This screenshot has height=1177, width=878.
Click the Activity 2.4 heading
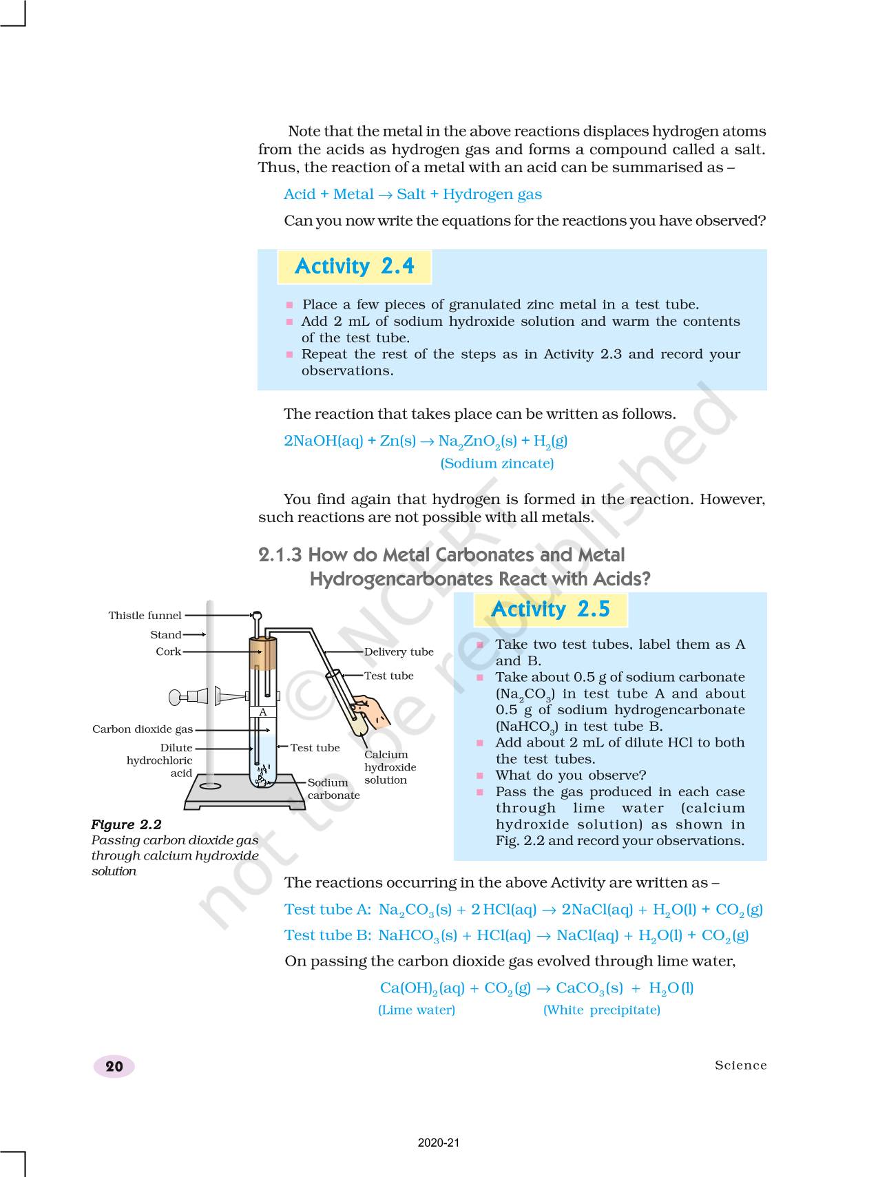click(354, 267)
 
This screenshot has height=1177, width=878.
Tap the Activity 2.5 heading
click(550, 610)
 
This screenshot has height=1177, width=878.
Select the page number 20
click(114, 1066)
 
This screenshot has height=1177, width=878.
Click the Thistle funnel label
click(145, 616)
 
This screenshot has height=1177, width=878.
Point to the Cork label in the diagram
click(168, 652)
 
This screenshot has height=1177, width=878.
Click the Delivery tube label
click(399, 652)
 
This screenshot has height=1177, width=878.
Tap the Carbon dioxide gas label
click(143, 729)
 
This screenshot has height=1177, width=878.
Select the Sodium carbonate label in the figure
click(333, 789)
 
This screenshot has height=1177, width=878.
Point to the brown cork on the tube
click(262, 654)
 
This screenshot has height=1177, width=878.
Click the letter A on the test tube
click(262, 712)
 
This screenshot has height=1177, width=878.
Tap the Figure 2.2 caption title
click(126, 825)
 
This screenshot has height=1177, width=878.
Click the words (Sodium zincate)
click(497, 463)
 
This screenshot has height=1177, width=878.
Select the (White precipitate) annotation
click(601, 1010)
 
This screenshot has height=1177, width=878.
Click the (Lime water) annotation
click(417, 1010)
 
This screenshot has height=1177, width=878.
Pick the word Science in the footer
click(740, 1065)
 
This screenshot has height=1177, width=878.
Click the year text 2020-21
click(438, 1143)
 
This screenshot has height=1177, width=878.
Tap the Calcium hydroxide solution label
click(390, 767)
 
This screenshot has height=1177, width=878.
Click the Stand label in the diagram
click(166, 635)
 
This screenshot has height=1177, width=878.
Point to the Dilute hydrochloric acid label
click(160, 760)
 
